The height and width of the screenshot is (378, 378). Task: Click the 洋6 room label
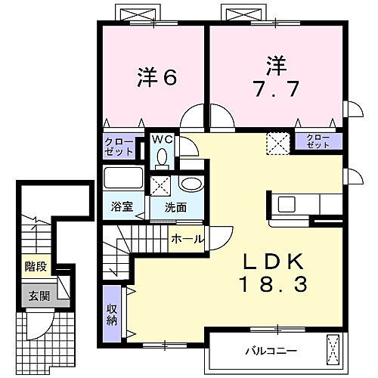point(156,77)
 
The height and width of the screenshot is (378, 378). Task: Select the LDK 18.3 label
point(273,274)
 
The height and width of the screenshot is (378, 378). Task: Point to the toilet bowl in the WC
point(163,157)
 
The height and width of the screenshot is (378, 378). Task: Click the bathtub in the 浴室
point(122,180)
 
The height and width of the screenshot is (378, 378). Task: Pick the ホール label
point(186,239)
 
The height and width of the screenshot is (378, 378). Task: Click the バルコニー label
point(269,351)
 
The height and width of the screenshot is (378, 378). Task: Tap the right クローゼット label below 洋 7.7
point(318,141)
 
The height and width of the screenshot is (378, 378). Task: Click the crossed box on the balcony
point(334,349)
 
